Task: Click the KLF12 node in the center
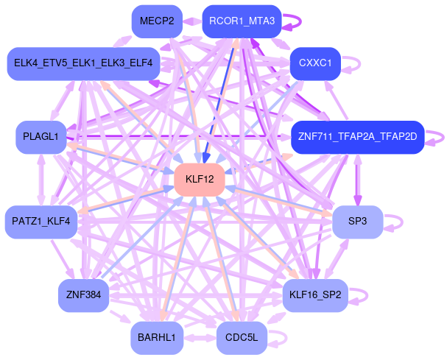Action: coord(199,180)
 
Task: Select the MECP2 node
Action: coord(157,21)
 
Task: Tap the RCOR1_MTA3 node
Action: coord(241,21)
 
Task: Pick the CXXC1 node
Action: coord(314,63)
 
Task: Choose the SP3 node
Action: coord(357,222)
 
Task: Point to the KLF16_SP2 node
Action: coord(314,295)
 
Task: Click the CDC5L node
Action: coord(241,338)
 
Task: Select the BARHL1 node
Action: coord(156,338)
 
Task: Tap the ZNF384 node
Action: coord(83,295)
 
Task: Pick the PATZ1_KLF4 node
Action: coord(41,222)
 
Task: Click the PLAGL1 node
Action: coord(41,137)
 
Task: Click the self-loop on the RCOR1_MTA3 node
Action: coord(292,21)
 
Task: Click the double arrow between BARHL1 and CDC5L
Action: coord(198,338)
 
